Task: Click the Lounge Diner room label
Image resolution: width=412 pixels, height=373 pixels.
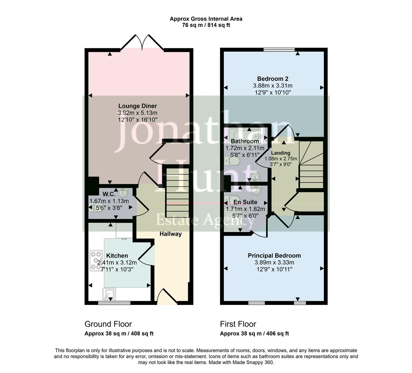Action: (137, 106)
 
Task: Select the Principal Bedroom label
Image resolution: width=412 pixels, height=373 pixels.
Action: (274, 256)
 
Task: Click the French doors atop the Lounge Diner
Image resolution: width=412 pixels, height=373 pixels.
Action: (142, 43)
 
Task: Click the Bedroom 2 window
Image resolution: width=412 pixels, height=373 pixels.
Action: (279, 50)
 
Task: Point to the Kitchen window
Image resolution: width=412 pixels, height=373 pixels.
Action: (114, 303)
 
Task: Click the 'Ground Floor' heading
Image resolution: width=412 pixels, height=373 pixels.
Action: (108, 324)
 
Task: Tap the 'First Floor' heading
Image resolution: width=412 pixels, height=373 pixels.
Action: (238, 324)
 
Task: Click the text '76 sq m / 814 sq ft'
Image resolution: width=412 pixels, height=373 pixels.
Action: (206, 25)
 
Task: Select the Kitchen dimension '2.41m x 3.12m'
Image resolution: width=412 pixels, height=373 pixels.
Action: (117, 262)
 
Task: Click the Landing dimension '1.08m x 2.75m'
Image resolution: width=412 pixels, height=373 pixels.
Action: (280, 159)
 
